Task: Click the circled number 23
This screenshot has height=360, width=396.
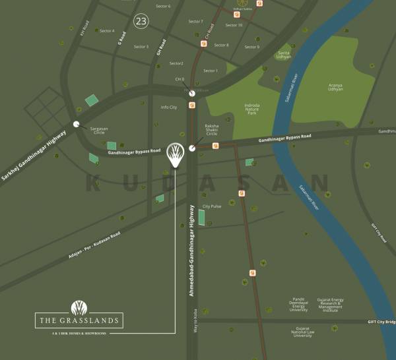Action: (x=141, y=21)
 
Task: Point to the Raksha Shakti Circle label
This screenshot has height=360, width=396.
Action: (x=211, y=129)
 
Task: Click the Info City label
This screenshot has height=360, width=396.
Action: (x=169, y=107)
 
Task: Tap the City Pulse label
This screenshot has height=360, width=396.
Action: (x=211, y=206)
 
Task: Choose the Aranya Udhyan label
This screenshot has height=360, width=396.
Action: (x=335, y=87)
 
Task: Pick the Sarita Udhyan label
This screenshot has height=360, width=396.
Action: (x=284, y=55)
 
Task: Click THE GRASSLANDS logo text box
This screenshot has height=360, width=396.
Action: (x=79, y=321)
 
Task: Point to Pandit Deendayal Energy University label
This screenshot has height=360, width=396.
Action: (x=298, y=305)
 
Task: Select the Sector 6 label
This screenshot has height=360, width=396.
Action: (x=162, y=6)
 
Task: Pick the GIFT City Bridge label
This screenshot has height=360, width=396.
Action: (x=381, y=321)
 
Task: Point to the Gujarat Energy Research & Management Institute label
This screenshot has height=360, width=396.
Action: (x=330, y=304)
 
